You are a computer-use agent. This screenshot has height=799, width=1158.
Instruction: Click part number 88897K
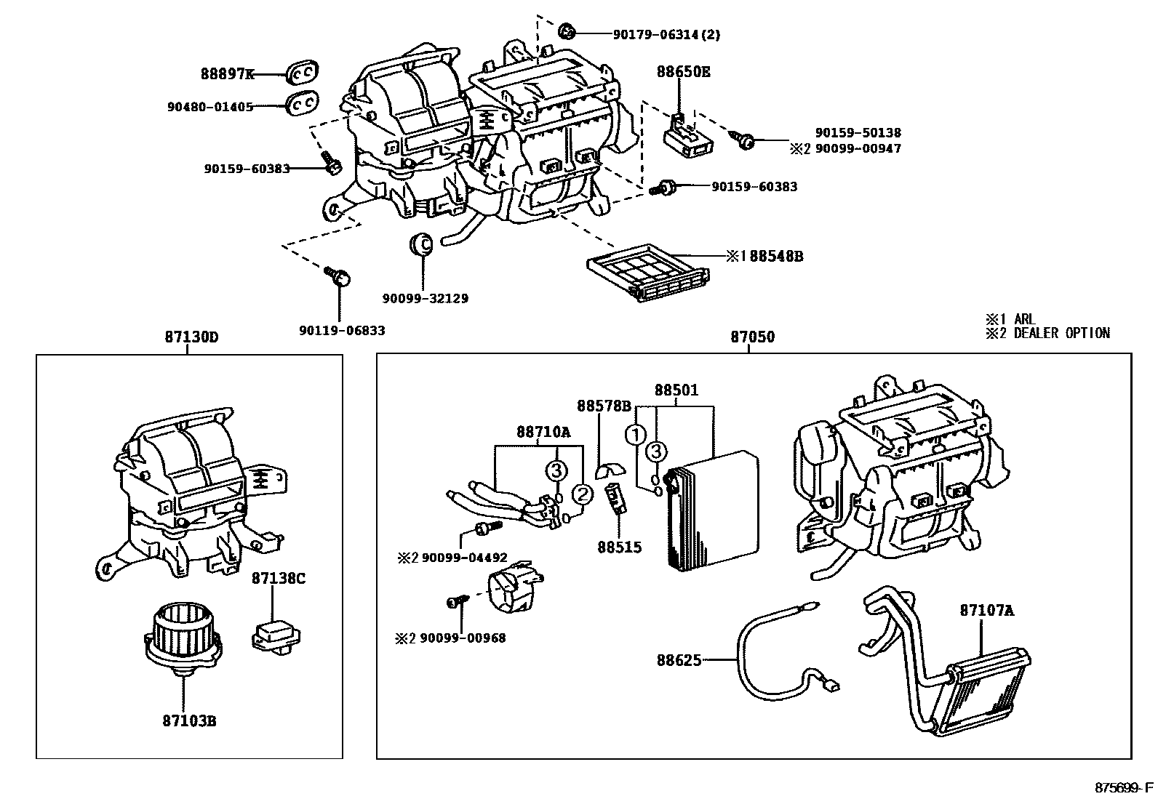227,73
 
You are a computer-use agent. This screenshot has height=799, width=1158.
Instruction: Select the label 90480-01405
209,107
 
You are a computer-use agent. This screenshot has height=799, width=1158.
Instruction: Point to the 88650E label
683,72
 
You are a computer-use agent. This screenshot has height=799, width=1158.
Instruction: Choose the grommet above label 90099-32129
422,244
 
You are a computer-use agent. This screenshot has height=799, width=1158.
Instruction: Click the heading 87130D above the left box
191,337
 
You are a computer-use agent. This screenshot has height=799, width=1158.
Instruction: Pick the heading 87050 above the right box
752,337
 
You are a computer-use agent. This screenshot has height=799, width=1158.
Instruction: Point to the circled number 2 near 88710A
582,494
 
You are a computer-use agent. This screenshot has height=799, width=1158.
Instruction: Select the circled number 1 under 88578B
636,435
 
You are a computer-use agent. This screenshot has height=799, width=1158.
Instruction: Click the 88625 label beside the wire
679,660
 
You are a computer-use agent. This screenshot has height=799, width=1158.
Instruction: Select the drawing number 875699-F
1125,788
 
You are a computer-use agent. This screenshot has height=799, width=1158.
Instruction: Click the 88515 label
620,547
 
